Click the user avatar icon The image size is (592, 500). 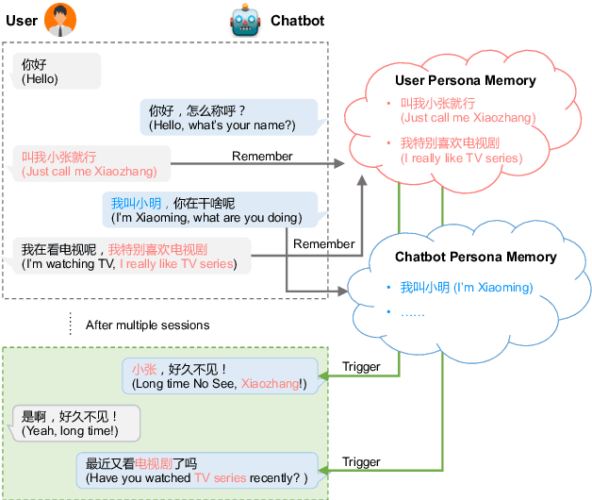[60, 20]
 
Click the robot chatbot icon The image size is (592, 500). [244, 21]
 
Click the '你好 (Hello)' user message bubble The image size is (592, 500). [57, 72]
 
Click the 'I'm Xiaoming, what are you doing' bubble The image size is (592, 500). [208, 209]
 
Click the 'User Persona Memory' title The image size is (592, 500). [465, 81]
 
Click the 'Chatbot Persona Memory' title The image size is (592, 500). [475, 257]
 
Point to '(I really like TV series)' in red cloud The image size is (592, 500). [461, 158]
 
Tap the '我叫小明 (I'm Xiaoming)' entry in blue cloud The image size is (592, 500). [452, 287]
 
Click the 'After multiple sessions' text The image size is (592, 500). [147, 325]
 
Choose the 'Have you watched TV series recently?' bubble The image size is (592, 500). [199, 471]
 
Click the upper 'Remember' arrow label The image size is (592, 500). [262, 156]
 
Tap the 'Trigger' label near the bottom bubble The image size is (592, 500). [361, 461]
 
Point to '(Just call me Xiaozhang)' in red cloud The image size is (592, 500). [468, 118]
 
